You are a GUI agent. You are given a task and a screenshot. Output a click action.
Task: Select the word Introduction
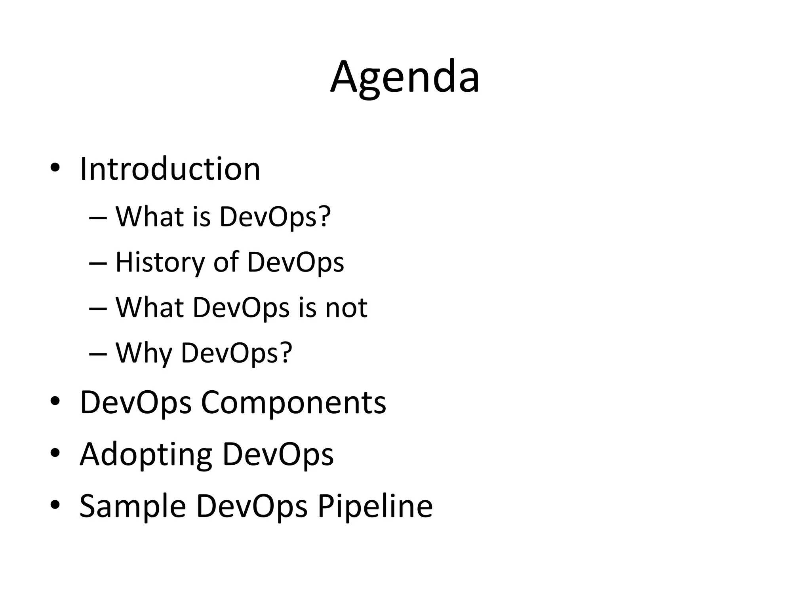point(170,169)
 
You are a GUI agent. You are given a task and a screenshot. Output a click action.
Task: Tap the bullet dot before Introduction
point(55,168)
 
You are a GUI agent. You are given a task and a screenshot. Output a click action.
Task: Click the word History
point(159,262)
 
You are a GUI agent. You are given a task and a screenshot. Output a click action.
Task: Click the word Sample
point(133,506)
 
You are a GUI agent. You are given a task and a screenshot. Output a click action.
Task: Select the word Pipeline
point(375,506)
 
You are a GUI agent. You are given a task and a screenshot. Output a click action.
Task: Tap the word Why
point(144,353)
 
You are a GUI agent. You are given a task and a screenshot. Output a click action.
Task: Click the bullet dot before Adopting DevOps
point(55,452)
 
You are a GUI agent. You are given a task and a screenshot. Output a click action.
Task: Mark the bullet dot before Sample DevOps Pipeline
point(55,504)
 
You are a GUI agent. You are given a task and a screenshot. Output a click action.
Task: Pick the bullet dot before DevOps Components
point(55,401)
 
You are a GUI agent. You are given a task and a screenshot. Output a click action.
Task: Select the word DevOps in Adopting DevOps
point(278,454)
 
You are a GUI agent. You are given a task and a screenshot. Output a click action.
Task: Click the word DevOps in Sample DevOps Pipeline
point(252,506)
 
